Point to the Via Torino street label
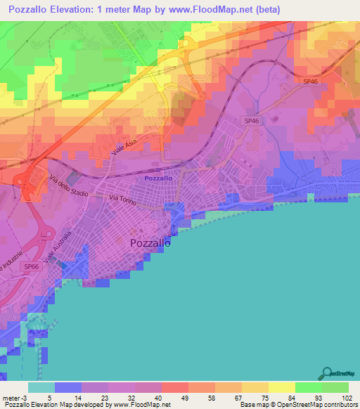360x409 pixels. click(x=122, y=200)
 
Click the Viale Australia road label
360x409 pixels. click(x=57, y=247)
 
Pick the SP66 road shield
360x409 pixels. click(x=30, y=267)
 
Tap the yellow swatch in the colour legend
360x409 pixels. click(x=281, y=387)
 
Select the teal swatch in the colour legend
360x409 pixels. click(x=41, y=387)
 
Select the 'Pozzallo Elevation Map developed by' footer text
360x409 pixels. click(x=56, y=405)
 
